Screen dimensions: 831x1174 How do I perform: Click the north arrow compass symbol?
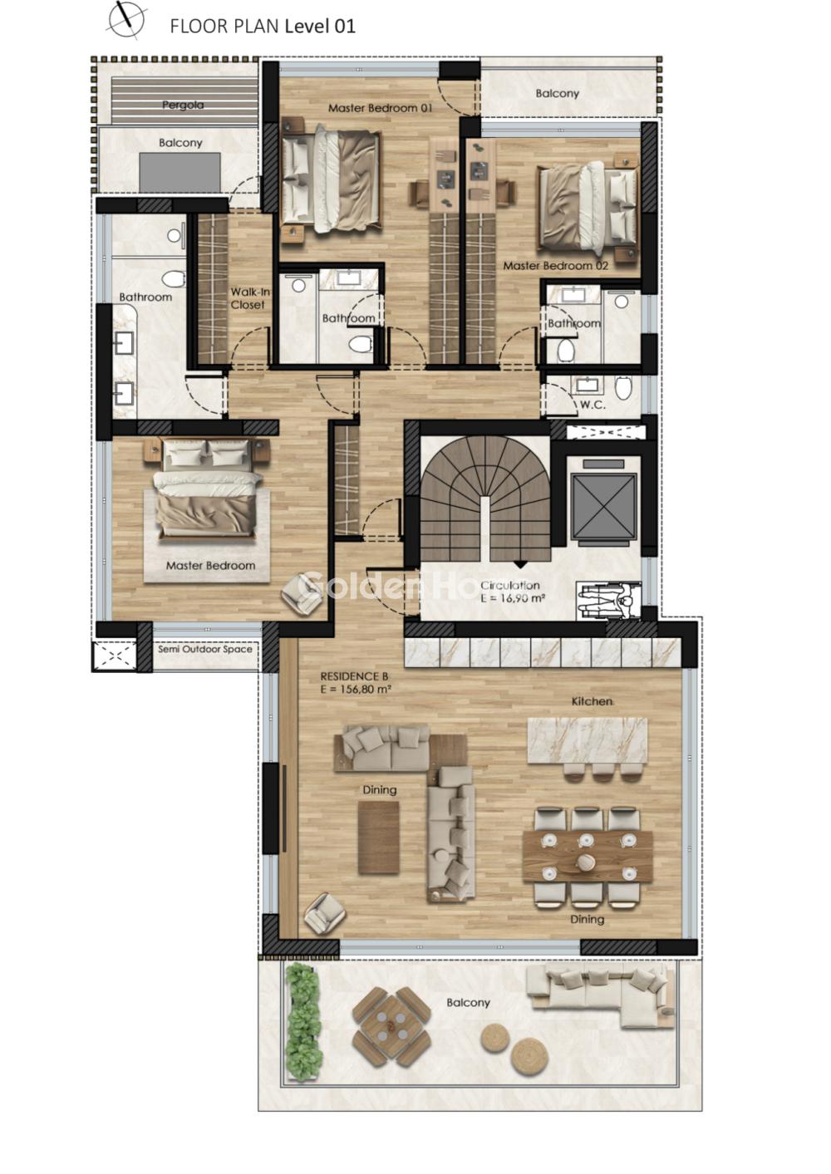click(x=125, y=20)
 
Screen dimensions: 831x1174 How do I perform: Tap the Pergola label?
click(x=183, y=105)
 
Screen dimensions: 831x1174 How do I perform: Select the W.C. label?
click(x=593, y=405)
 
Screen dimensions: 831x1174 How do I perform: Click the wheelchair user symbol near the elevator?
click(x=608, y=601)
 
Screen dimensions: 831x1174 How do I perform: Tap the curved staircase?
click(x=485, y=499)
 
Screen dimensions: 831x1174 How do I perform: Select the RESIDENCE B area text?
click(x=356, y=683)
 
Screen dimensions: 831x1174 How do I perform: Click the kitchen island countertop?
click(x=588, y=740)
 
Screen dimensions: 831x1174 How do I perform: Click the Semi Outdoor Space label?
click(x=205, y=649)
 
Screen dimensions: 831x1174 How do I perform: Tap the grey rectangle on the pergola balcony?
click(x=179, y=173)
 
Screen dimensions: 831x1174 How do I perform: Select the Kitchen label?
click(x=592, y=701)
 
